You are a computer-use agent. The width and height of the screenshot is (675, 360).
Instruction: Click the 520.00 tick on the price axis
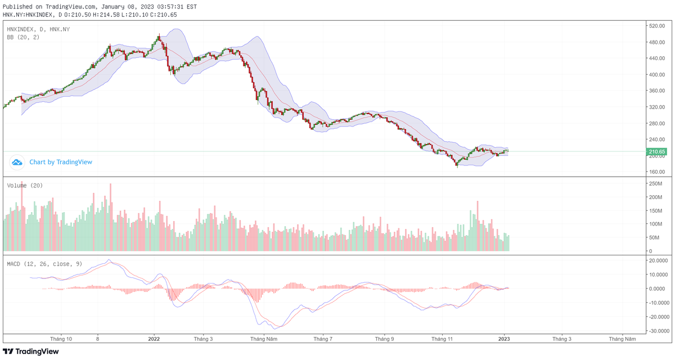coord(657,26)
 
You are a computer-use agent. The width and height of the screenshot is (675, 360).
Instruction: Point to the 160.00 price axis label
coord(657,172)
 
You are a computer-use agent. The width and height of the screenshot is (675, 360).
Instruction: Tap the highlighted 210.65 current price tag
coord(657,151)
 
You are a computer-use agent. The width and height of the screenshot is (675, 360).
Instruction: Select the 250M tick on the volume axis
coord(655,184)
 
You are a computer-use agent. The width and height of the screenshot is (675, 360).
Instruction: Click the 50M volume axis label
coord(654,237)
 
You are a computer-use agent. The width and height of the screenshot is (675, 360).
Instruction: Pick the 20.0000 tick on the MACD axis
coord(658,260)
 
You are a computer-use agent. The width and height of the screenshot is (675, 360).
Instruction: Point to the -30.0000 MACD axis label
coord(658,331)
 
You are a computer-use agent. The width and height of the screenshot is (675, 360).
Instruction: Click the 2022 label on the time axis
coord(154,339)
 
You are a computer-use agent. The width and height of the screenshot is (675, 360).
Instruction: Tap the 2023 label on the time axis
coord(504,339)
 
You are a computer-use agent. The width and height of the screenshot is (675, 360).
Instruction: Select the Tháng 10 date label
coord(61,339)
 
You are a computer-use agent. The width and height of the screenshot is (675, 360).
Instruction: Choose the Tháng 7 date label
coord(322,339)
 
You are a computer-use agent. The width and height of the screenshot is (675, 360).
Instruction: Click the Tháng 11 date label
coord(443,339)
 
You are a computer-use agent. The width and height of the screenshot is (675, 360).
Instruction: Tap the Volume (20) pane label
coord(25,186)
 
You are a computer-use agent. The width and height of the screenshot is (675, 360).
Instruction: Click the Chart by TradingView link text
coord(61,162)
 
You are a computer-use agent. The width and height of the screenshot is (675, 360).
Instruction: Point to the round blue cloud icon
coord(17,162)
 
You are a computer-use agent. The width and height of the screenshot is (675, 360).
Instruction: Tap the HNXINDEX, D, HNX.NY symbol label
coord(38,29)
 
